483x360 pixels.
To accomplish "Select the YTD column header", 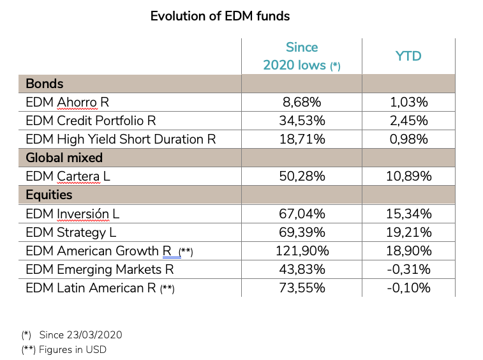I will pyautogui.click(x=408, y=56).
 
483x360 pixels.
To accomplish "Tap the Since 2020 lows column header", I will pyautogui.click(x=301, y=56).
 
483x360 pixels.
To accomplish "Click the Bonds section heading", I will pyautogui.click(x=45, y=84).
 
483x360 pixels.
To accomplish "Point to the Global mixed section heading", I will pyautogui.click(x=64, y=158).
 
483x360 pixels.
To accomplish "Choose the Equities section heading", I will pyautogui.click(x=49, y=195).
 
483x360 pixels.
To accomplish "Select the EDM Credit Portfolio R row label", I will pyautogui.click(x=91, y=121).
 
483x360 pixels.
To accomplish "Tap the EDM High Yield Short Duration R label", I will pyautogui.click(x=121, y=139).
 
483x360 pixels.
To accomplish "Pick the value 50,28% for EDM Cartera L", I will pyautogui.click(x=301, y=176).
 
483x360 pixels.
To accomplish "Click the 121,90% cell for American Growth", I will pyautogui.click(x=301, y=251).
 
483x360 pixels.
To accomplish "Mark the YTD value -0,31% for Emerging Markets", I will pyautogui.click(x=408, y=269).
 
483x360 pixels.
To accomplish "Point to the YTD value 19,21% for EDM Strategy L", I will pyautogui.click(x=408, y=232).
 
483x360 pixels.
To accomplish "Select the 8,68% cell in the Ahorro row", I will pyautogui.click(x=301, y=102).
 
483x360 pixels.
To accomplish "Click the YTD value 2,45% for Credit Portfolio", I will pyautogui.click(x=408, y=121).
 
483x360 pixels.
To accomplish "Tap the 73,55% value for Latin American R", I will pyautogui.click(x=301, y=288).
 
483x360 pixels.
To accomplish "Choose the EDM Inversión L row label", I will pyautogui.click(x=72, y=214).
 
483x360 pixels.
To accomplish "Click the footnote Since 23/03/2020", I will pyautogui.click(x=80, y=334).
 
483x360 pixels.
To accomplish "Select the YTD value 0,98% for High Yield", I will pyautogui.click(x=408, y=139).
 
